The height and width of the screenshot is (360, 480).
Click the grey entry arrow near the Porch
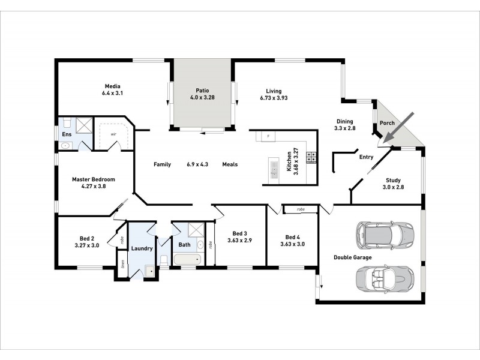tap(398, 127)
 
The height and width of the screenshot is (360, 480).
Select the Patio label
tap(202, 90)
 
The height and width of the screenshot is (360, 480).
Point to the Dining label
tap(344, 121)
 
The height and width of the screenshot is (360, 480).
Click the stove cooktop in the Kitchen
tap(311, 157)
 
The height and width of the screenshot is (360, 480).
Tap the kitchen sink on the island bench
tap(274, 169)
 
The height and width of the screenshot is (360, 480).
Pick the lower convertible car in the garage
tap(385, 277)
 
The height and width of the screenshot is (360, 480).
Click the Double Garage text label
tap(352, 257)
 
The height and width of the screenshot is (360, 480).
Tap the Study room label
tap(394, 180)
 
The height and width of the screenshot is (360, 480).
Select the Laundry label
tap(142, 248)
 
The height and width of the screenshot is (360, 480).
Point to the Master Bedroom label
tap(93, 179)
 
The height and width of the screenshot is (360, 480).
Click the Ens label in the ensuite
tap(66, 134)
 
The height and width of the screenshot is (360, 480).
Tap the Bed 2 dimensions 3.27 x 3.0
tap(86, 245)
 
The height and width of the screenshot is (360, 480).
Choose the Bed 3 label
tap(239, 233)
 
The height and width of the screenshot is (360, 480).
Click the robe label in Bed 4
tap(301, 209)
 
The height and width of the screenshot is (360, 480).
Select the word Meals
tap(230, 164)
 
